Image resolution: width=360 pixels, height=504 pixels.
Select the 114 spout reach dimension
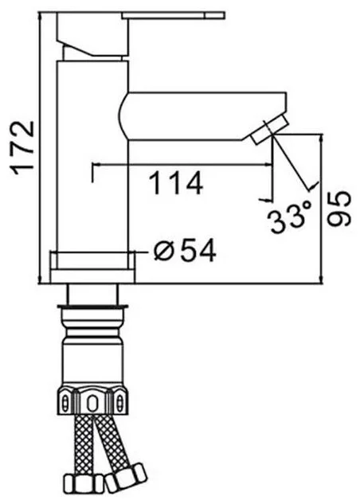click(176, 183)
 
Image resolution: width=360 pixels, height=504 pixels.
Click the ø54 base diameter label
click(185, 251)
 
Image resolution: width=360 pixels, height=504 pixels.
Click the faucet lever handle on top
click(174, 16)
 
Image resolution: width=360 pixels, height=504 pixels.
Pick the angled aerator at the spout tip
click(269, 130)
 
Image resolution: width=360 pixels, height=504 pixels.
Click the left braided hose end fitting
click(84, 483)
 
